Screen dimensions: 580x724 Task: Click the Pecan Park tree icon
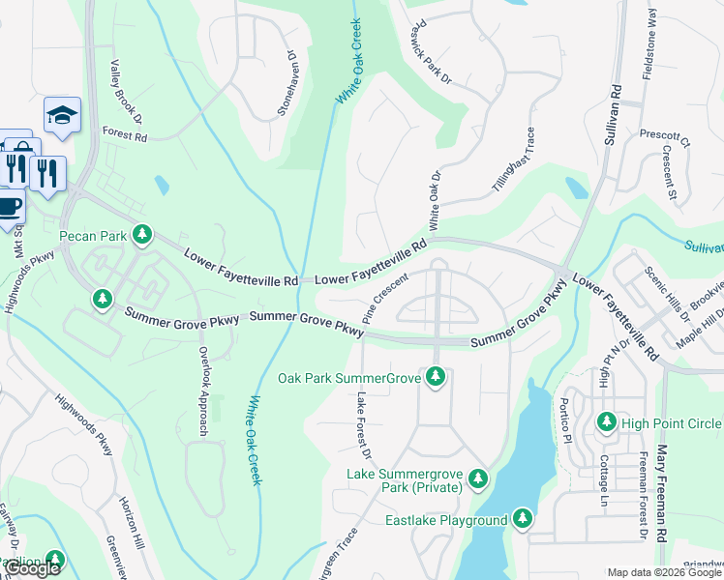point(142,235)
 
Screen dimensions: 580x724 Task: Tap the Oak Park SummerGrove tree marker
point(436,377)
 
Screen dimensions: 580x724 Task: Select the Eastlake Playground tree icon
point(523,520)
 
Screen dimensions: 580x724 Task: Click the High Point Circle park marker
point(607,423)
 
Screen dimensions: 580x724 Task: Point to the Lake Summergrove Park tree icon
point(477,479)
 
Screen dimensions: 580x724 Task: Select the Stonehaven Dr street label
point(287,84)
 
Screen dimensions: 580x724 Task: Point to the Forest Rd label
point(124,136)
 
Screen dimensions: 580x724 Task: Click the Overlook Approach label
point(204,390)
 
